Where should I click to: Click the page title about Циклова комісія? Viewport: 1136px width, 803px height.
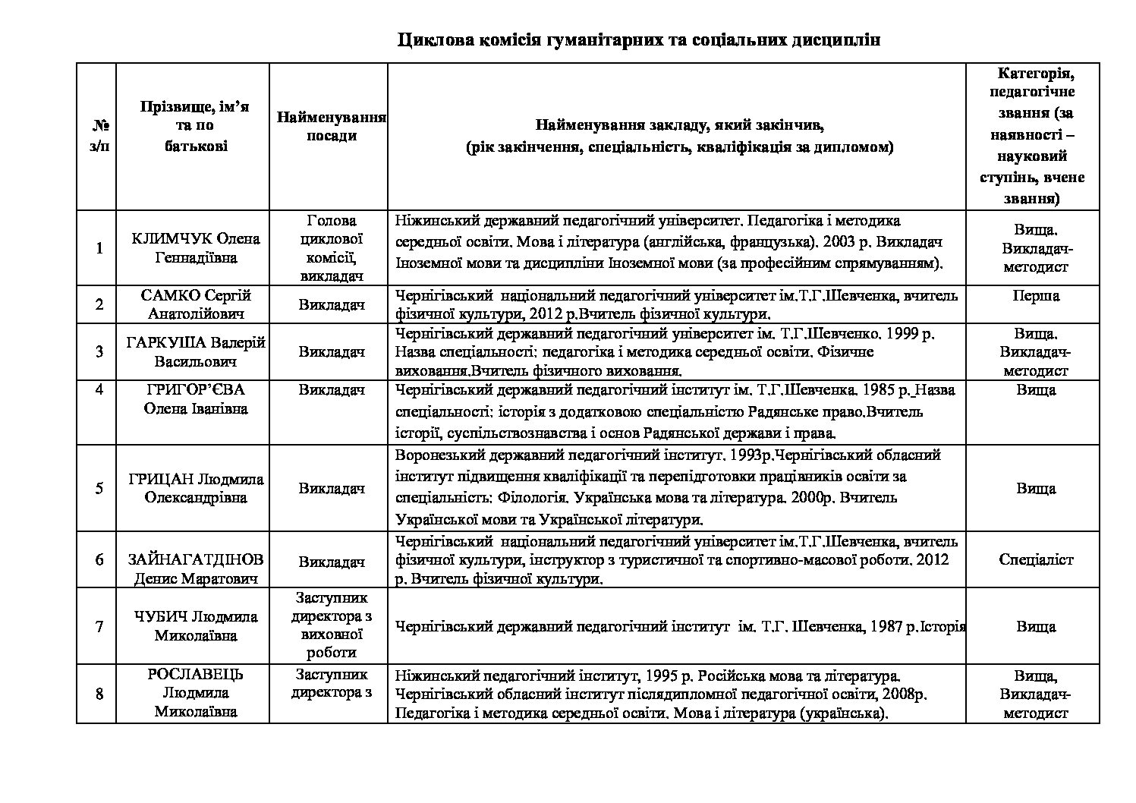(639, 40)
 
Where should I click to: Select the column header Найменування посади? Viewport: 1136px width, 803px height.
(332, 127)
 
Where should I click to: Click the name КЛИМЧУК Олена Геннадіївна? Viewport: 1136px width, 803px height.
(195, 248)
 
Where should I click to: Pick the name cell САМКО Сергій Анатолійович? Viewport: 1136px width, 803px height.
(195, 304)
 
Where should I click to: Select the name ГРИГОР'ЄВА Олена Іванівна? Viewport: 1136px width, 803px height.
(195, 399)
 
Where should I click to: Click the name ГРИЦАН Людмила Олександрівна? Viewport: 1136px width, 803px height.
(195, 488)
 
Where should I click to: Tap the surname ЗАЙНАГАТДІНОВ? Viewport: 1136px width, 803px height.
(195, 560)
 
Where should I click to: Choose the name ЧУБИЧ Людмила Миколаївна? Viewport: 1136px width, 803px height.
(195, 626)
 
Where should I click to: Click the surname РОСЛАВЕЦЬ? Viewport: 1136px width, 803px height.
(196, 675)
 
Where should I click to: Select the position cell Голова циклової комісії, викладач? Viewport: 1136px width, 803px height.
(332, 248)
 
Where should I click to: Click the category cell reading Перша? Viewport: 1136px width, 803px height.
(1035, 296)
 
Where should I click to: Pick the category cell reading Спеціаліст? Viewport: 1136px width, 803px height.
(1035, 559)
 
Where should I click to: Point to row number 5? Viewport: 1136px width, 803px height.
(99, 488)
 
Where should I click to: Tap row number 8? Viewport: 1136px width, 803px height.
(99, 692)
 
